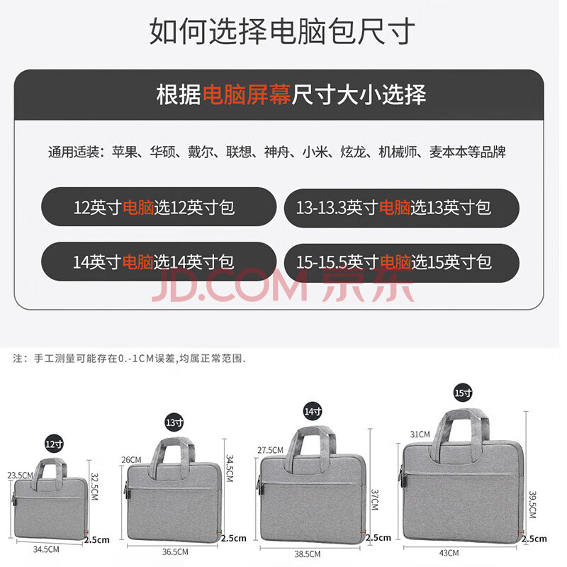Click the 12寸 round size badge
[55, 444]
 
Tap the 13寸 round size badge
[174, 422]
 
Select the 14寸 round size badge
[313, 411]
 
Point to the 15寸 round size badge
[464, 393]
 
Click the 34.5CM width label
[46, 549]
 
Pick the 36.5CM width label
[175, 552]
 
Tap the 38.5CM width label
[308, 554]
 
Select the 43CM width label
[449, 553]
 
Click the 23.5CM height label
[21, 475]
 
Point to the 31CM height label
[420, 434]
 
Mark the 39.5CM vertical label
[532, 505]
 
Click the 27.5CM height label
[271, 450]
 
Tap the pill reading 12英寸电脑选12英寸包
[159, 207]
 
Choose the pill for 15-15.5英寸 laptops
[402, 263]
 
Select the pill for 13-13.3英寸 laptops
[402, 208]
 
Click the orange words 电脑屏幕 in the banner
[247, 95]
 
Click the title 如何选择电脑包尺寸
[282, 31]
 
